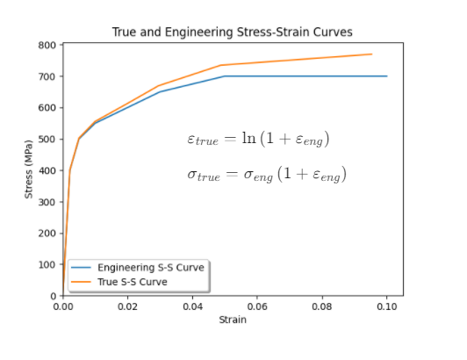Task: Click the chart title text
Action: point(232,32)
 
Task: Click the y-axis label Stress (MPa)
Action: point(29,169)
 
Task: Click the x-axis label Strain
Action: point(232,320)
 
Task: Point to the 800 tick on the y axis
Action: point(49,45)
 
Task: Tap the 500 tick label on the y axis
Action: point(49,139)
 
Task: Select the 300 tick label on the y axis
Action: point(49,202)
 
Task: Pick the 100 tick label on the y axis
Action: point(49,264)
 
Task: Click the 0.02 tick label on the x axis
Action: point(127,307)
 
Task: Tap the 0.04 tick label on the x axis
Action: point(192,307)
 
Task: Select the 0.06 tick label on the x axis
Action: point(257,307)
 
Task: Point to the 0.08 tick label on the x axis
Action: point(322,307)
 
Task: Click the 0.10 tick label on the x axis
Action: point(386,307)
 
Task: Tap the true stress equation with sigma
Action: point(267,175)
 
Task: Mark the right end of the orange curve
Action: point(372,54)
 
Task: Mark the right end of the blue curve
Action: point(387,76)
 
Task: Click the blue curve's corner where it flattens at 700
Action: point(225,76)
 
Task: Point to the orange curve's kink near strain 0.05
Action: point(221,65)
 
